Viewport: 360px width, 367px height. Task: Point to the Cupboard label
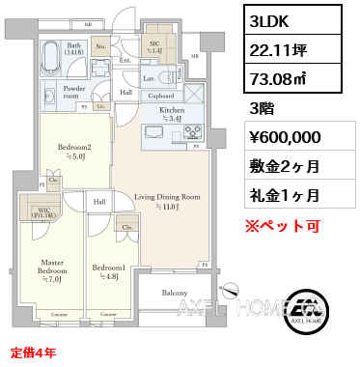pyautogui.click(x=160, y=96)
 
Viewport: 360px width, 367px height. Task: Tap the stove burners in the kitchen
pyautogui.click(x=191, y=132)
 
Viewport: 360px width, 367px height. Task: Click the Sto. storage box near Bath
pyautogui.click(x=99, y=43)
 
